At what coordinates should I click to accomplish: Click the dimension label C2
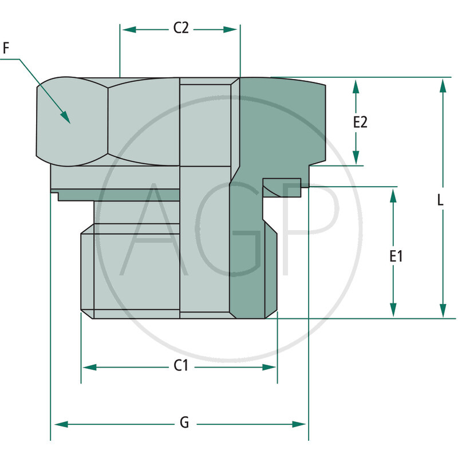tap(181, 29)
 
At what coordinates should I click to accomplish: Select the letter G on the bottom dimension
tap(184, 424)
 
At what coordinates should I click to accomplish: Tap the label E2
tap(360, 122)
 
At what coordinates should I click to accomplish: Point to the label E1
tap(396, 256)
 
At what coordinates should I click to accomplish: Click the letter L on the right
tap(440, 200)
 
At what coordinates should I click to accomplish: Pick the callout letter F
tap(6, 49)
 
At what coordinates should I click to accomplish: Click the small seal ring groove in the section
tap(282, 187)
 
